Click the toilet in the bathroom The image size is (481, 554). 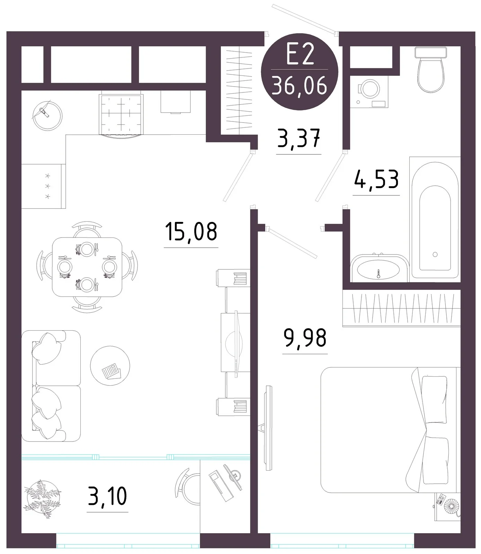(430, 69)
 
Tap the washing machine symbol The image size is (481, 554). (369, 92)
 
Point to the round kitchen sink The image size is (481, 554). (47, 115)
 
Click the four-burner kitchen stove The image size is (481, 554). (121, 115)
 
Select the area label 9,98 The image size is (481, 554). (305, 338)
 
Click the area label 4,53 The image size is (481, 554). (376, 179)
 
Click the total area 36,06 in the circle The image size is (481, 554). (300, 85)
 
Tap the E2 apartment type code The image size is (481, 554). (300, 55)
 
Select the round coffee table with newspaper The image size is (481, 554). (110, 366)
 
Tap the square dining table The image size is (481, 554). (87, 267)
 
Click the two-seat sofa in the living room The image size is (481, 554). (51, 386)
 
